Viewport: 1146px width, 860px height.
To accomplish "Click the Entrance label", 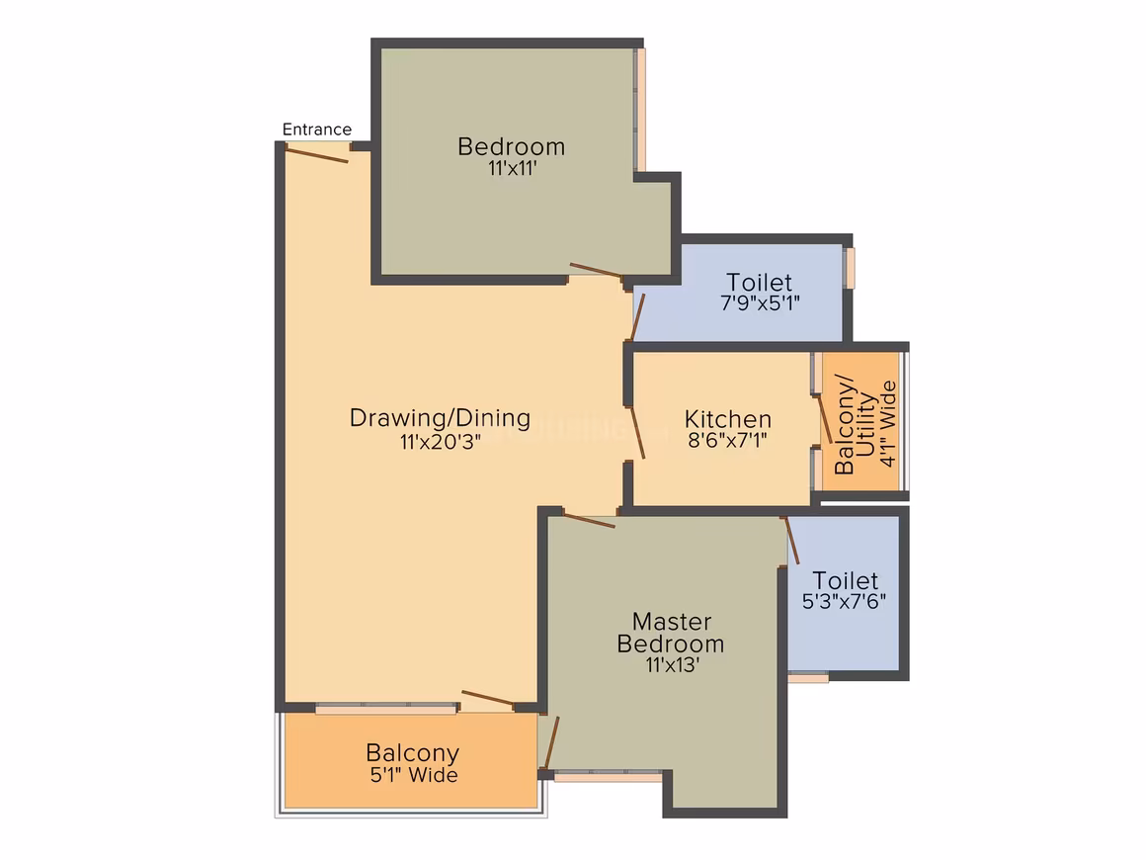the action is pos(316,129).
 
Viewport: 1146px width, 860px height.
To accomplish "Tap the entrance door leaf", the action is pos(316,154).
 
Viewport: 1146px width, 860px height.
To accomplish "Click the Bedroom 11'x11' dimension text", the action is pos(513,168).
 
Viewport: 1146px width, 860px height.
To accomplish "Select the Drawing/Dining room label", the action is pos(440,417).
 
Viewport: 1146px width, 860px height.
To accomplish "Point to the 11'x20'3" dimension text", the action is pos(440,442).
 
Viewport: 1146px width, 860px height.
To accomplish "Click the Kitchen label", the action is pos(728,419).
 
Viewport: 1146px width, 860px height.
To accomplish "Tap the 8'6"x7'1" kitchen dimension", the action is pos(727,440).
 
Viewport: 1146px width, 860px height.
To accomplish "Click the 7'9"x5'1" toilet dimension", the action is pos(760,302).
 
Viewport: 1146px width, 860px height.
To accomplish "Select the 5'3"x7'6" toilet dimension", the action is pos(844,601).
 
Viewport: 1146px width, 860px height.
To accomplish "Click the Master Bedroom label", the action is pos(671,633).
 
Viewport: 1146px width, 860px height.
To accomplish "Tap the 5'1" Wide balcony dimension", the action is pos(414,775).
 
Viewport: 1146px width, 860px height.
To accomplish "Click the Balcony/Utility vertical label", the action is pos(855,425).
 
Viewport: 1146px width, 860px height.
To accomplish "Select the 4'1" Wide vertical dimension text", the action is pos(887,423).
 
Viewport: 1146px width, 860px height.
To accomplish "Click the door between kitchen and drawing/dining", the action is pos(638,433).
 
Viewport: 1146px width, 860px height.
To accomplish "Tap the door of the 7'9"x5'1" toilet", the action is pos(637,317).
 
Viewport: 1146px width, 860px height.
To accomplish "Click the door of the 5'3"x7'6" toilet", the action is pos(792,541).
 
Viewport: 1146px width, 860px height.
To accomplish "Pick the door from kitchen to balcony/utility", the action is pos(824,419).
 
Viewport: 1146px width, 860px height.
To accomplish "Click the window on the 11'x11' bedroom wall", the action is pos(640,110).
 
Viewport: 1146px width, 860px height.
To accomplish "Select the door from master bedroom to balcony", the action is pos(552,742).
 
